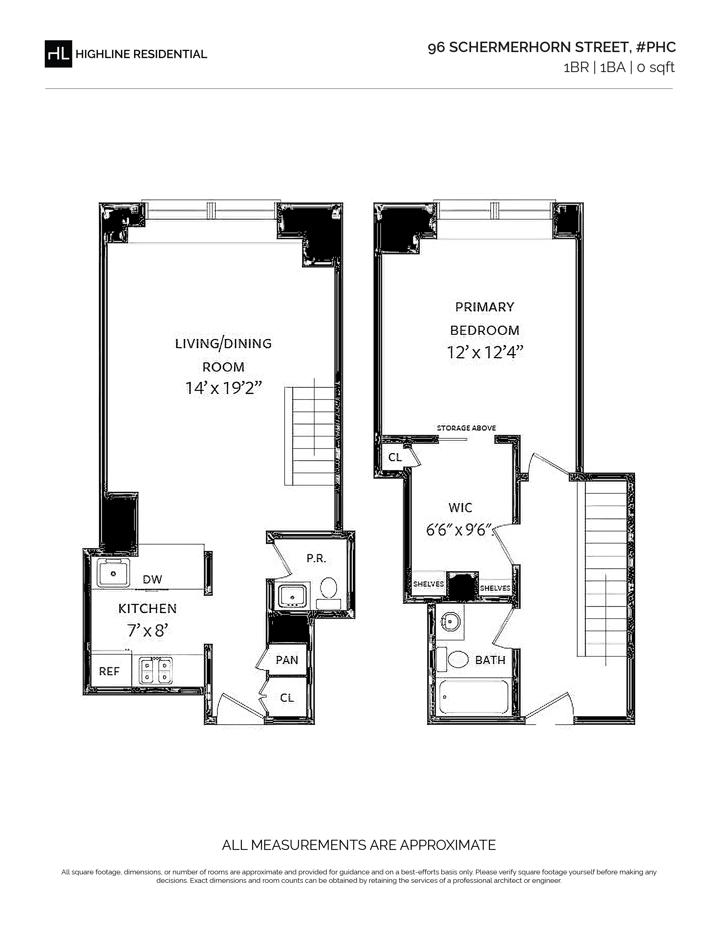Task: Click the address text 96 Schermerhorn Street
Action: tap(529, 47)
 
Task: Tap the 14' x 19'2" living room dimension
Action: tap(223, 388)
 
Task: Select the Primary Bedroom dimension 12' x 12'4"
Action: tap(485, 352)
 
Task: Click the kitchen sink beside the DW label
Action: tap(113, 573)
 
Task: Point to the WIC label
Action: tap(460, 508)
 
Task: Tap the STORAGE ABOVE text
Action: tap(466, 428)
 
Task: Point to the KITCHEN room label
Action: tap(147, 609)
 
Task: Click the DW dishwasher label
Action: tap(152, 579)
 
